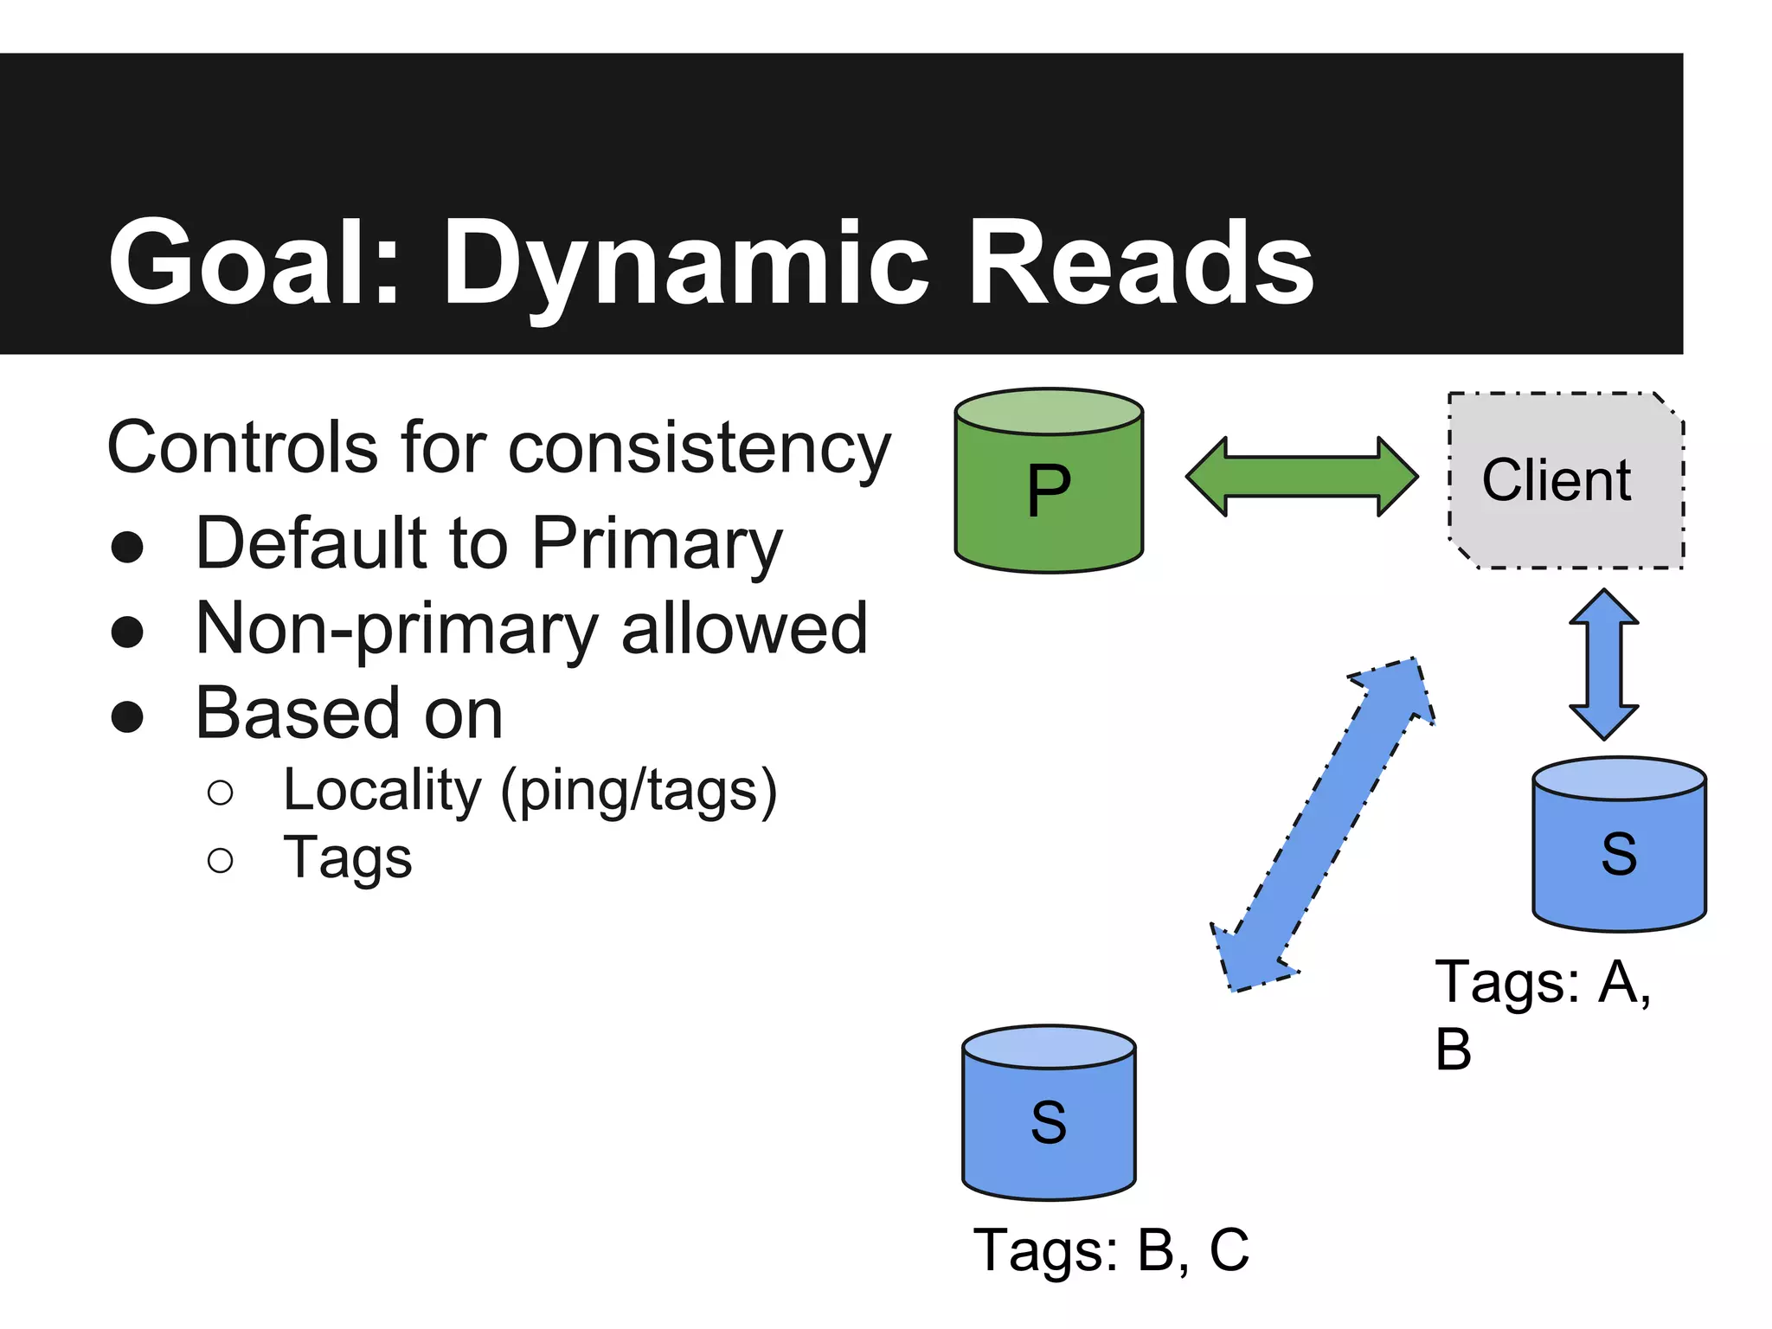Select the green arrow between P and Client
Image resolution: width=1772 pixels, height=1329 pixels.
[x=1301, y=477]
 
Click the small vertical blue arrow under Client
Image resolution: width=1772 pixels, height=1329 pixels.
[x=1603, y=664]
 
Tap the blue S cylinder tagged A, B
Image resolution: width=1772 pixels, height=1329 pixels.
[x=1619, y=852]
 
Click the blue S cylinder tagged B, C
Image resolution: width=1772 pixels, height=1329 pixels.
[x=1049, y=1120]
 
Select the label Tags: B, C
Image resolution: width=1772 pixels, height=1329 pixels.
[x=1111, y=1250]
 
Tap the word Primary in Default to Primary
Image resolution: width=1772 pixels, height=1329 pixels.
[x=657, y=545]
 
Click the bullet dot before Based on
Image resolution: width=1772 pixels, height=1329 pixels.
[x=127, y=717]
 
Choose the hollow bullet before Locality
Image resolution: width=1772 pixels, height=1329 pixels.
[x=221, y=793]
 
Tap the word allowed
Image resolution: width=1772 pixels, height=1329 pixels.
[x=744, y=629]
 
